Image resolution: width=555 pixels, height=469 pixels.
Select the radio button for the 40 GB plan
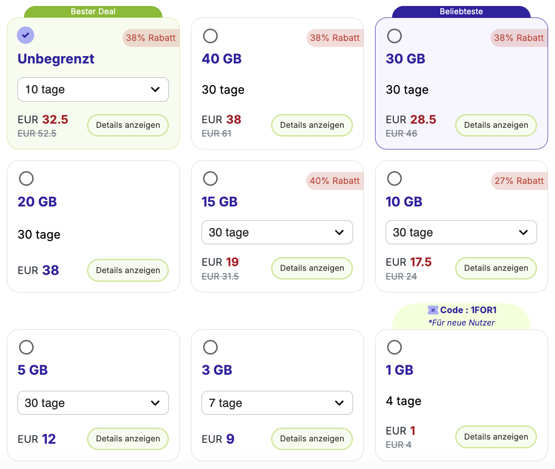pyautogui.click(x=210, y=36)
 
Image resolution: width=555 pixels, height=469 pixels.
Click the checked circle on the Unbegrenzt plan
pyautogui.click(x=26, y=35)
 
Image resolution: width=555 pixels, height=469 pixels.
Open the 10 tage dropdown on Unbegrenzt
pyautogui.click(x=93, y=90)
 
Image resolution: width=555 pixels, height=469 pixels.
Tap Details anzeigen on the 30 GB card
pyautogui.click(x=496, y=125)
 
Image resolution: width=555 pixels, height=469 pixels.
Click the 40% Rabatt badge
pyautogui.click(x=335, y=181)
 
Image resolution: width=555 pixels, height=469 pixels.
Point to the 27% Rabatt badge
pyautogui.click(x=519, y=181)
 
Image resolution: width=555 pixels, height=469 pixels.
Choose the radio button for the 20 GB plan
pyautogui.click(x=26, y=178)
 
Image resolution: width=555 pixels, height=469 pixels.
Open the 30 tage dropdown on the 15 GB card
pyautogui.click(x=277, y=232)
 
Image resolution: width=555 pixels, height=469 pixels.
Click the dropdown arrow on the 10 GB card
pyautogui.click(x=523, y=232)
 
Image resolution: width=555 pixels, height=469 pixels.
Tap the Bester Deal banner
pyautogui.click(x=93, y=11)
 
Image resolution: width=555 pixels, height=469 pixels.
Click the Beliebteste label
pyautogui.click(x=461, y=11)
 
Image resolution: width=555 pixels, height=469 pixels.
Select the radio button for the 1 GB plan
pyautogui.click(x=394, y=347)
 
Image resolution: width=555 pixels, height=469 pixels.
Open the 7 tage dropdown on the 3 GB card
pyautogui.click(x=277, y=403)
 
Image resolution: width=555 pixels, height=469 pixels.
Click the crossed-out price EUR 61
pyautogui.click(x=216, y=133)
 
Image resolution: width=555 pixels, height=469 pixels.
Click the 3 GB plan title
pyautogui.click(x=217, y=370)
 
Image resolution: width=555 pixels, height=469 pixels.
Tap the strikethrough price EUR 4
pyautogui.click(x=399, y=445)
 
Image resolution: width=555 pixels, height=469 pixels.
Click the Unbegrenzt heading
pyautogui.click(x=56, y=59)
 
